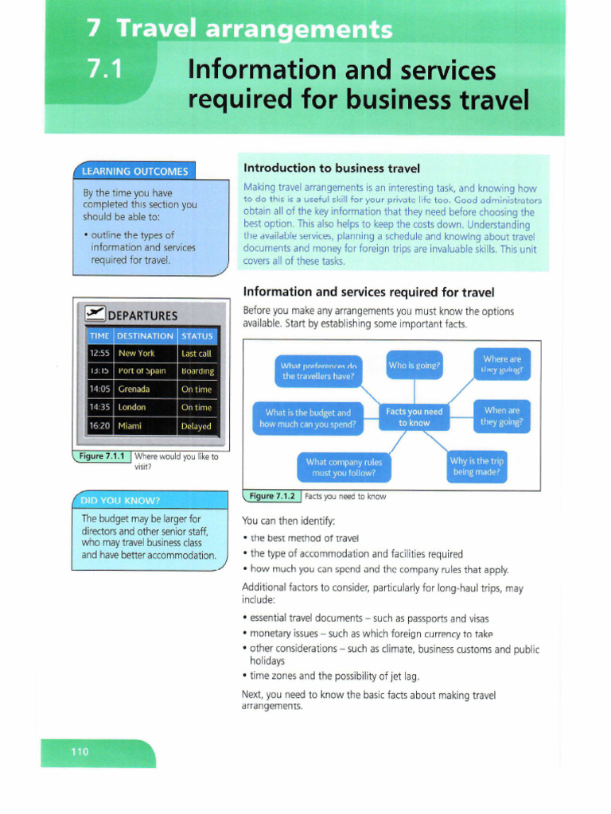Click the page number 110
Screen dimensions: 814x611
click(x=80, y=751)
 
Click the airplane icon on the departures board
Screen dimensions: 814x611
click(x=95, y=315)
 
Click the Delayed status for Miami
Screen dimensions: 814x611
click(x=197, y=426)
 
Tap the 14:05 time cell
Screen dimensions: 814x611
click(x=99, y=390)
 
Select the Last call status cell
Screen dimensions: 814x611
click(x=197, y=353)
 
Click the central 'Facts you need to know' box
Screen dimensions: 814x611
click(x=414, y=417)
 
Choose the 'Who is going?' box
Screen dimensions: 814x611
click(x=414, y=366)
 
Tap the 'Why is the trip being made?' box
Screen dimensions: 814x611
click(x=477, y=466)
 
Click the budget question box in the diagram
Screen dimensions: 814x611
click(x=308, y=418)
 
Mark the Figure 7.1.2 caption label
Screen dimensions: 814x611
click(x=272, y=496)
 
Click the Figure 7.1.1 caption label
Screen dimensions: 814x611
click(x=102, y=456)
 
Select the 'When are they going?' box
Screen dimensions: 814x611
click(x=501, y=417)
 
